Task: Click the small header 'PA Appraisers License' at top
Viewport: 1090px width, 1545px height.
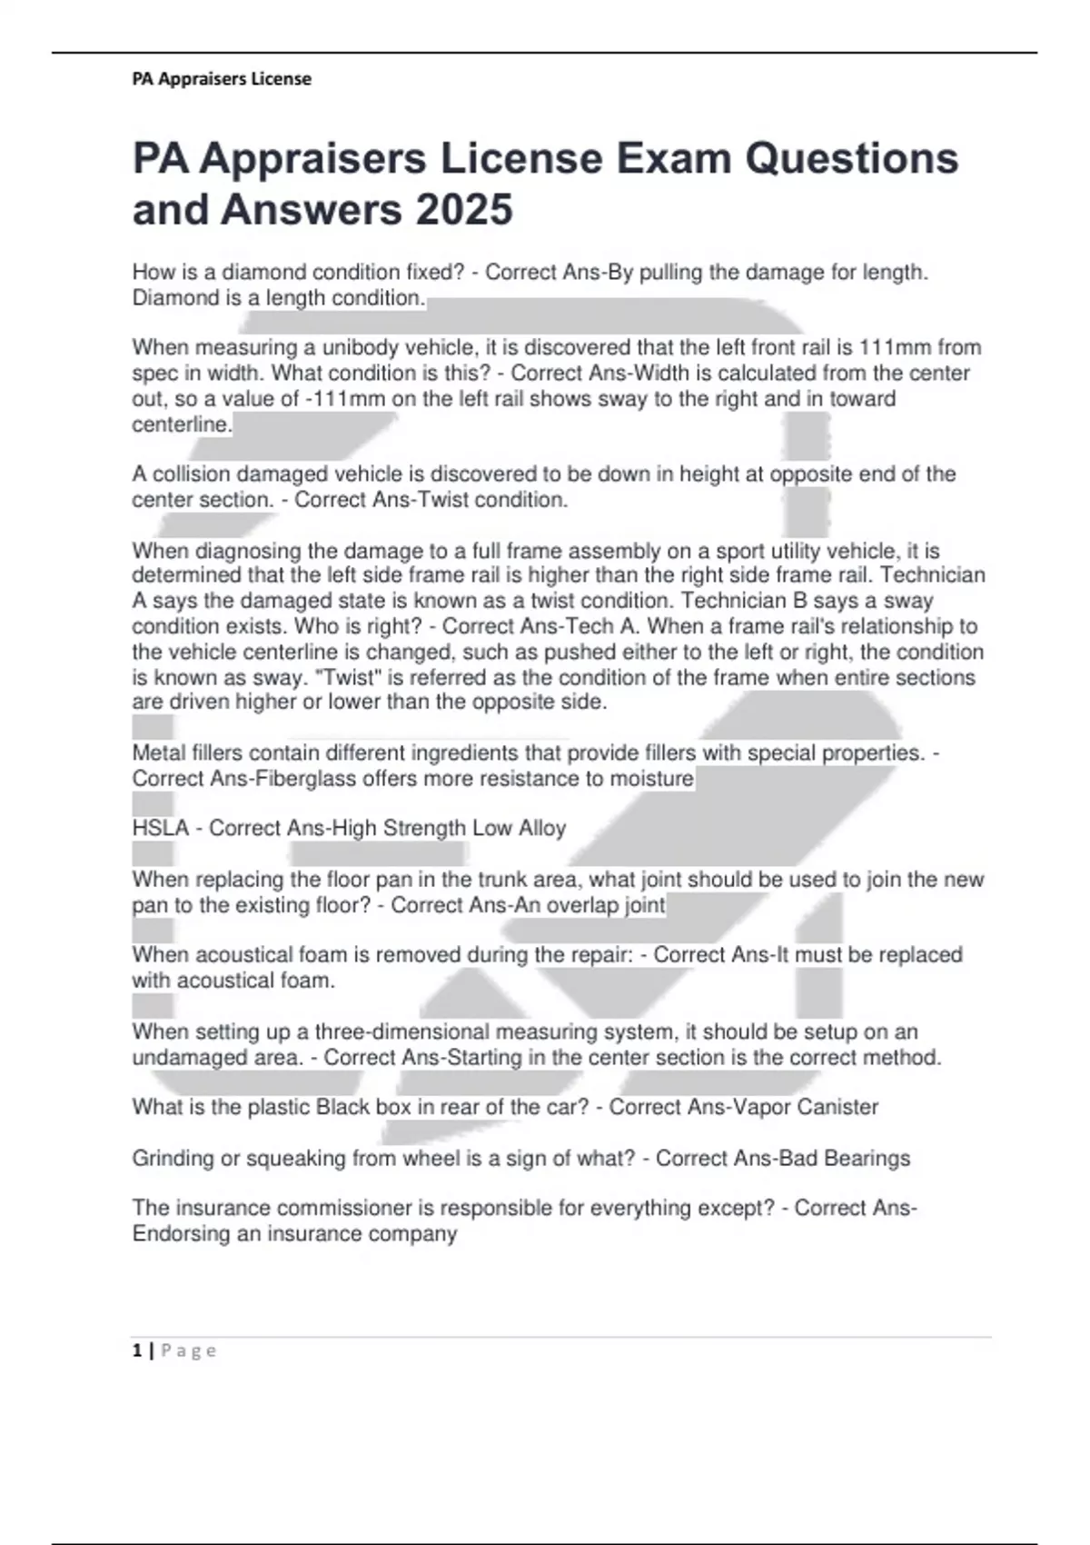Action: pyautogui.click(x=222, y=79)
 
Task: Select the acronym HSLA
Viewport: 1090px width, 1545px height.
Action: pyautogui.click(x=161, y=828)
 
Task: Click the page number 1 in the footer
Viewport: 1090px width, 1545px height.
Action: pyautogui.click(x=137, y=1351)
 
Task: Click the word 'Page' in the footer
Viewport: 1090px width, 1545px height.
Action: pyautogui.click(x=189, y=1351)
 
